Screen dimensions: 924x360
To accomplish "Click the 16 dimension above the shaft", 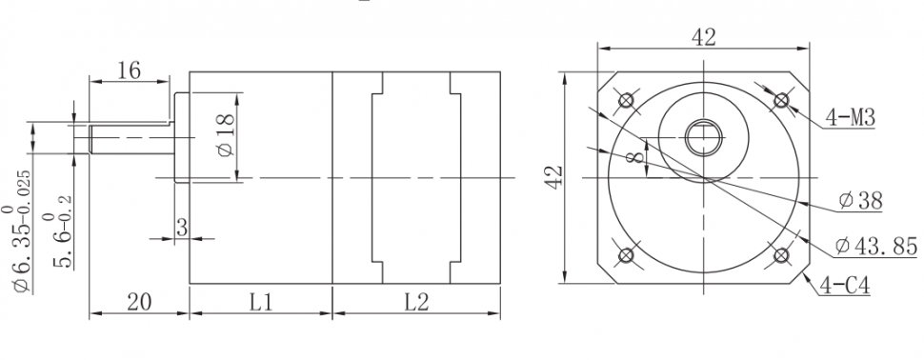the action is point(129,70).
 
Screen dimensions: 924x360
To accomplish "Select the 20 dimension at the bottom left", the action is point(139,302).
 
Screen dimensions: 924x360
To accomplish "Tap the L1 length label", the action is point(260,302).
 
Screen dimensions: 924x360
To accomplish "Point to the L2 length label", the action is point(416,302).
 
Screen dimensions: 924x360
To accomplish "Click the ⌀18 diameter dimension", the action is point(227,135).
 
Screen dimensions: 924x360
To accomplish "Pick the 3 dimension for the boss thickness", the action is point(182,228).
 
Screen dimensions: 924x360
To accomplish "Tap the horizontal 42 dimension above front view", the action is point(704,37).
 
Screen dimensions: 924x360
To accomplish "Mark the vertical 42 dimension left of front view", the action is point(554,177).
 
